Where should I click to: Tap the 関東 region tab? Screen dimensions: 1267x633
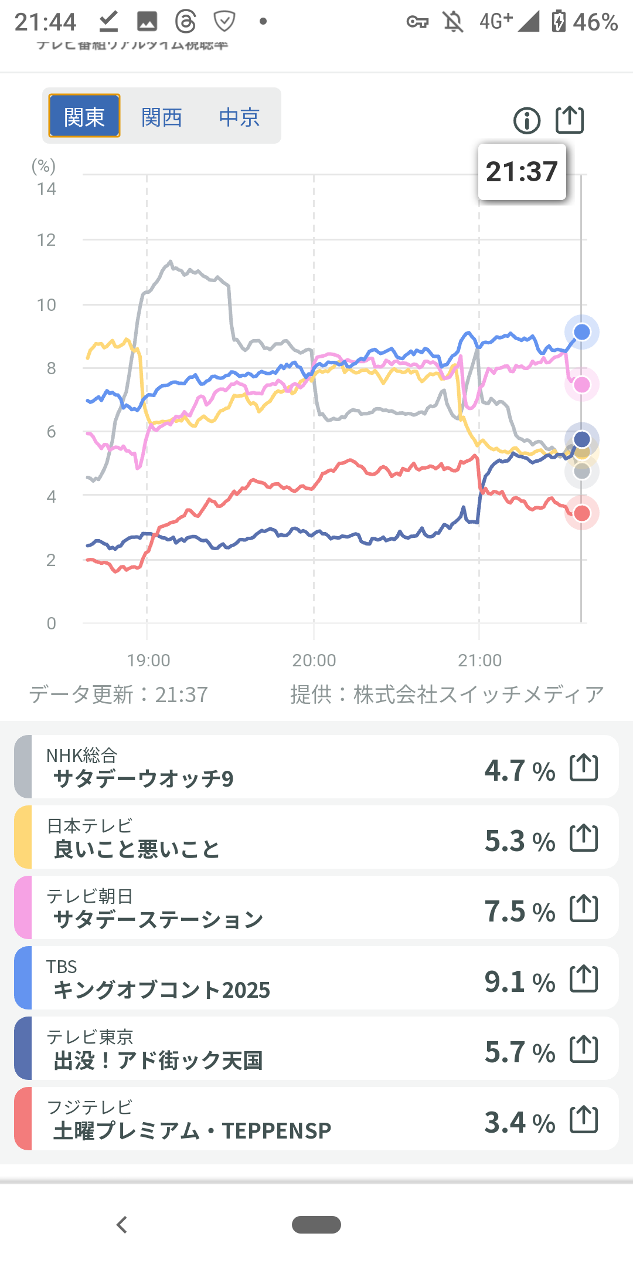pos(84,116)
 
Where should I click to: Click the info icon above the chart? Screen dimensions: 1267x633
pos(527,121)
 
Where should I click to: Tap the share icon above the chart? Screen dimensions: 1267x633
pos(570,120)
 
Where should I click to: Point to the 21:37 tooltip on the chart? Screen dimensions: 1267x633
pos(522,172)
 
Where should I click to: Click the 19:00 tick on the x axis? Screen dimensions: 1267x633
pos(149,660)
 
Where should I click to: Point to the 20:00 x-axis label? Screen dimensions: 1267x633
pos(314,660)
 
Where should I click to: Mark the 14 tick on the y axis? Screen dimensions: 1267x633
pos(46,189)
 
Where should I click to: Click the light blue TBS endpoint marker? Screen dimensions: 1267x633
pos(581,332)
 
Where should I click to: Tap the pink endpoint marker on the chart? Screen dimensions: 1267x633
pos(581,385)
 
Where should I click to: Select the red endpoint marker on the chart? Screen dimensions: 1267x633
pos(581,513)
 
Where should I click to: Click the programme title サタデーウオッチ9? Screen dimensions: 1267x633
pos(144,779)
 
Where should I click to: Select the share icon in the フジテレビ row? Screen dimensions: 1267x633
pos(584,1119)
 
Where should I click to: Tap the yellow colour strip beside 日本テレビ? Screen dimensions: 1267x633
pos(23,837)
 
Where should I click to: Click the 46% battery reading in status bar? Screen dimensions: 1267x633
pos(595,22)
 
